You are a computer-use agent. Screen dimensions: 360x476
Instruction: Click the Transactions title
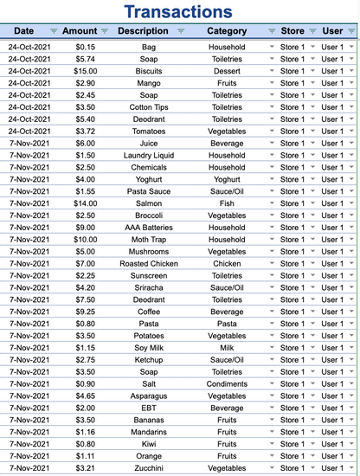tap(178, 11)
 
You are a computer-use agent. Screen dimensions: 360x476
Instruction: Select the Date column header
tap(24, 31)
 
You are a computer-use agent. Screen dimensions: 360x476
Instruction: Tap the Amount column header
tap(80, 31)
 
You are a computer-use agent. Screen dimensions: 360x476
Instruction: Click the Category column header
tap(226, 31)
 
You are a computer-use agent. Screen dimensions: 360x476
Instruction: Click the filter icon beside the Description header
tap(180, 31)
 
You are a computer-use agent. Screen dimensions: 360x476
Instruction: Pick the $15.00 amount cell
tap(86, 71)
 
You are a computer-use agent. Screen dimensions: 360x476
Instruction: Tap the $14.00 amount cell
tap(86, 203)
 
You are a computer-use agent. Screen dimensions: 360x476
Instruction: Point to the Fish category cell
tap(227, 203)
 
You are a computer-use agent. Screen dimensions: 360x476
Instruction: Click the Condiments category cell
tap(227, 383)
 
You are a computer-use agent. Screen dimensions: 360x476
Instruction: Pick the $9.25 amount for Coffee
tap(86, 311)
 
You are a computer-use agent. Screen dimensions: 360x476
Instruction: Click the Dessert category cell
tap(227, 71)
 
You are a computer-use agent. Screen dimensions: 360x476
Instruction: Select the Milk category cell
tap(227, 346)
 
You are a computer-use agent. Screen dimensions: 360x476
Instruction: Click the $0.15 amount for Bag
tap(86, 47)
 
